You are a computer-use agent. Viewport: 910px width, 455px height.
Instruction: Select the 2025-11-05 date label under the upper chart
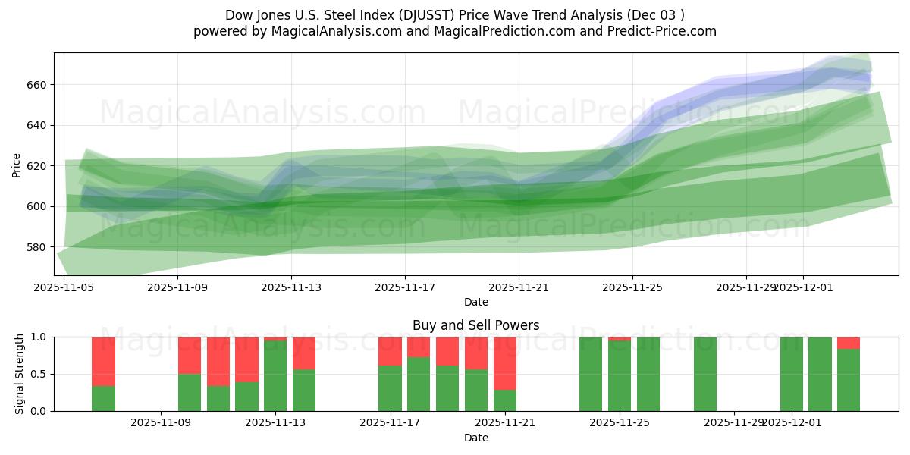64,287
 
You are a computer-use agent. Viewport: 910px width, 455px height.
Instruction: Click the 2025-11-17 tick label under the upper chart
405,287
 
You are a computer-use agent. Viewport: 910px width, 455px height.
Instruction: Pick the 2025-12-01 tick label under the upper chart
803,287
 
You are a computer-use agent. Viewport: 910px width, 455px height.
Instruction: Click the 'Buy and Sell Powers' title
475,325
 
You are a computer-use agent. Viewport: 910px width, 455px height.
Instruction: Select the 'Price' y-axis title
17,165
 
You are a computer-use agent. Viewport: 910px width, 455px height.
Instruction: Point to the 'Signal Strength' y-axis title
20,374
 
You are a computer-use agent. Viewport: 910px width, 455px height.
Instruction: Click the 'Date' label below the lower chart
475,438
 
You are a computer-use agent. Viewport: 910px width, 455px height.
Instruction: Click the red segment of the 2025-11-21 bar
505,362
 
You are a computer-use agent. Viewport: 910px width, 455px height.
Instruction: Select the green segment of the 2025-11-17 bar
391,388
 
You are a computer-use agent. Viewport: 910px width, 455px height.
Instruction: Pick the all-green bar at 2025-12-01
792,374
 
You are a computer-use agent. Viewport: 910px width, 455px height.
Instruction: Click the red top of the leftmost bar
104,361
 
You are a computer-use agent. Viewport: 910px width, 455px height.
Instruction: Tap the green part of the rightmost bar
849,380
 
